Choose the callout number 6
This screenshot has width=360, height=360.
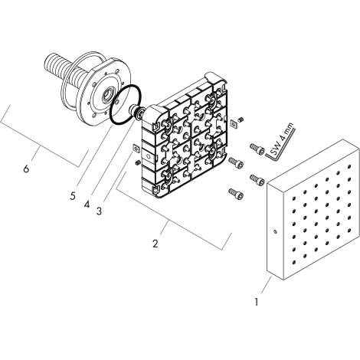pyautogui.click(x=26, y=169)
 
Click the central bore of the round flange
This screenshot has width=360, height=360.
pyautogui.click(x=100, y=97)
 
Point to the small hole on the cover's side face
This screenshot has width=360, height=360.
pyautogui.click(x=273, y=232)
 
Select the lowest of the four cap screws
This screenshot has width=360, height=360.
pyautogui.click(x=234, y=192)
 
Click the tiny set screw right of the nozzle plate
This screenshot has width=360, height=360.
pyautogui.click(x=240, y=119)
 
